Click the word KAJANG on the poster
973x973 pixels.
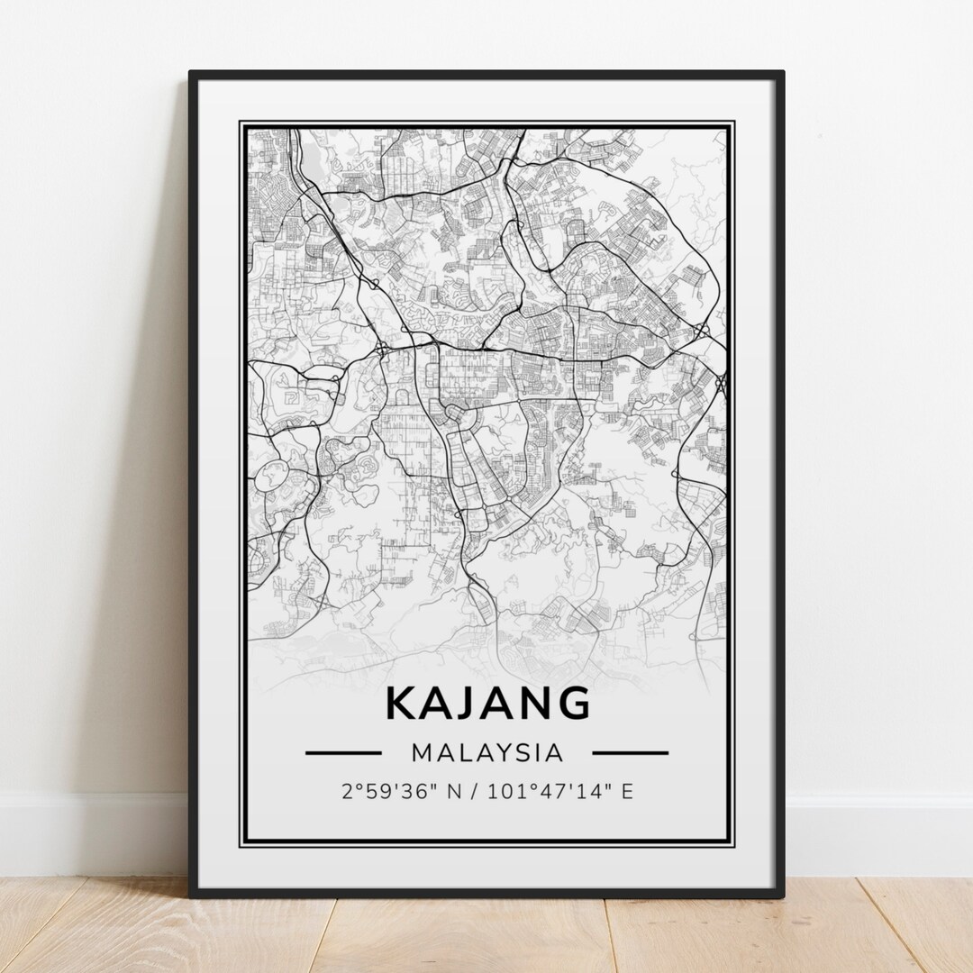tap(487, 704)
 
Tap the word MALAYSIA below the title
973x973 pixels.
tap(487, 752)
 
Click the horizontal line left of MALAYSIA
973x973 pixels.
tap(343, 752)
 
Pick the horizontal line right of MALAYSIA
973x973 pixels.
tap(630, 752)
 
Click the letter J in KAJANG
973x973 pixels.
tap(469, 704)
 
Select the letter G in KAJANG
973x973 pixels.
tap(572, 704)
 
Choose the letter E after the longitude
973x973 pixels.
tap(627, 792)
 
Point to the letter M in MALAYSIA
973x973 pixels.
tap(421, 752)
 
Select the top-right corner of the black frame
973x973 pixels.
tap(782, 73)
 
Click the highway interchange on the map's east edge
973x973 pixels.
tap(721, 384)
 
